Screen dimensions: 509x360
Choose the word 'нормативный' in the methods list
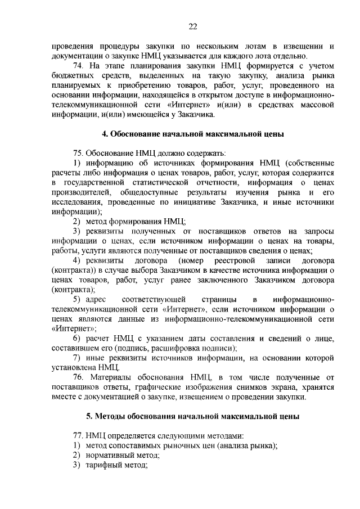(111, 455)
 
